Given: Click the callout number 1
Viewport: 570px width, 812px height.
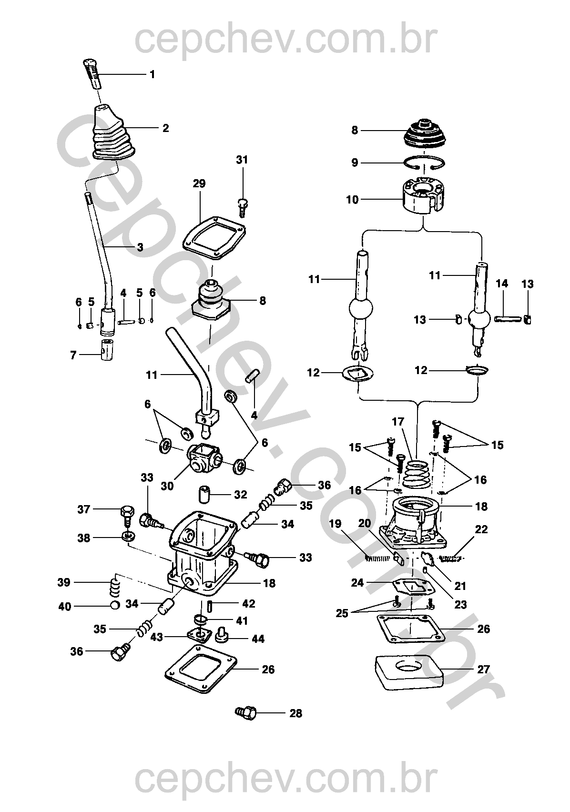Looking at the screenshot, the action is pyautogui.click(x=153, y=74).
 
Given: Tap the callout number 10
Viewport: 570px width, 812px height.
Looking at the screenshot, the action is pyautogui.click(x=353, y=200).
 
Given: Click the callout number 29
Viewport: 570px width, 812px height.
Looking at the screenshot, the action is pyautogui.click(x=199, y=183).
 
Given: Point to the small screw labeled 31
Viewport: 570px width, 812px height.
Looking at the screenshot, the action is pyautogui.click(x=243, y=208).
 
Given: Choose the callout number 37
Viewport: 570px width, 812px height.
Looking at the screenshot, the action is pyautogui.click(x=84, y=509).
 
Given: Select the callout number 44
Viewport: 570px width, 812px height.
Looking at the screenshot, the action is pyautogui.click(x=258, y=639).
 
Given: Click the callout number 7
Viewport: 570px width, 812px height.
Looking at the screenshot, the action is pyautogui.click(x=73, y=355).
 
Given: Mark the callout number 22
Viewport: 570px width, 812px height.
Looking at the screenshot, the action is pyautogui.click(x=481, y=529).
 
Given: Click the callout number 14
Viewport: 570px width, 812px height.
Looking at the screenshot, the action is pyautogui.click(x=502, y=284).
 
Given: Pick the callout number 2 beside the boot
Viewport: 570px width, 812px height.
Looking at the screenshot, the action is pyautogui.click(x=166, y=128).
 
